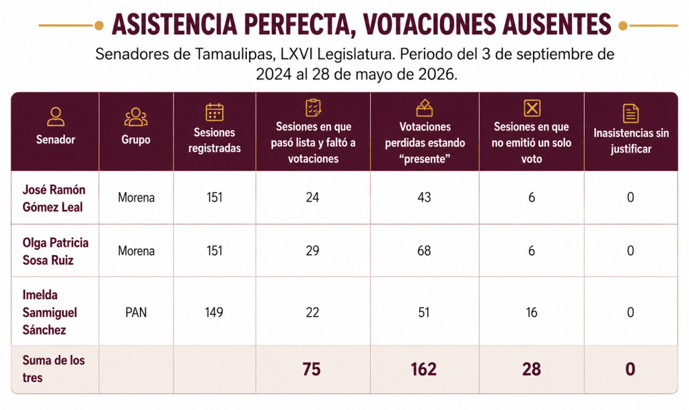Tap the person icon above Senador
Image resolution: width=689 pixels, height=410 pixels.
coord(55,117)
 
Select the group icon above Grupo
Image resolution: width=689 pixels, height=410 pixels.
coord(136,117)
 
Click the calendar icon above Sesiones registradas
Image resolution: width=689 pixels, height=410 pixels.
coord(215,112)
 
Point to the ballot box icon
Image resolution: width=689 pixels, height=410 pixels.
coord(425,108)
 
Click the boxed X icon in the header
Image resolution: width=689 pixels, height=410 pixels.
coord(532,108)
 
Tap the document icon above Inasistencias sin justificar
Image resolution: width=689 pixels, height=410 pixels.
coord(630,114)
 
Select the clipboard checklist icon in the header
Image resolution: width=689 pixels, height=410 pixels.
coord(314,108)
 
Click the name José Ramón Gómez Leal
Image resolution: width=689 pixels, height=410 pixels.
coord(54,198)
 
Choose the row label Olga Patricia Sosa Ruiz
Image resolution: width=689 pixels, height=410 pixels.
coord(55,251)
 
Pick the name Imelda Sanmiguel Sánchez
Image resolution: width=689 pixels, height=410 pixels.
coord(50,312)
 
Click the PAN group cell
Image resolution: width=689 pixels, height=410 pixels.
coord(136,312)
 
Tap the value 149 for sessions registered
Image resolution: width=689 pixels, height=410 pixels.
coord(214,312)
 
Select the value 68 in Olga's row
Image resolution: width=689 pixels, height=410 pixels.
coord(424,251)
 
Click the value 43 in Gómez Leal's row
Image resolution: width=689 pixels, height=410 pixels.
coord(424,197)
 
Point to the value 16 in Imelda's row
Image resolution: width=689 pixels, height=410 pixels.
coord(532,312)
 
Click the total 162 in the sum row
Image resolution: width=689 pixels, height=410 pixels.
coord(424,369)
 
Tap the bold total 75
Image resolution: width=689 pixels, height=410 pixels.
coord(312,369)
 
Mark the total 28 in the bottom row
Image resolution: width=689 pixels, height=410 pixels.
coord(532,369)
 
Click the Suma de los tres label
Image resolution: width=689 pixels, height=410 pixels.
coord(54,369)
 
